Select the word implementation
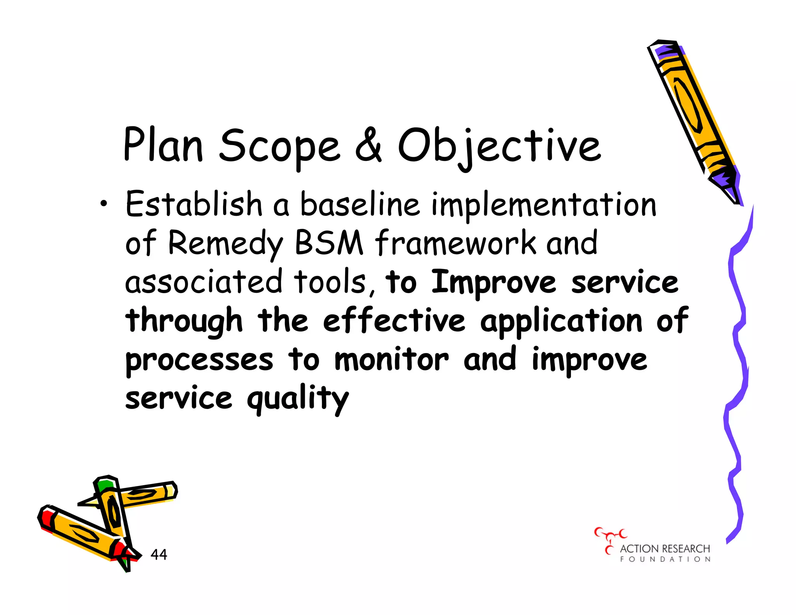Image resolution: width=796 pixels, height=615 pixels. [544, 205]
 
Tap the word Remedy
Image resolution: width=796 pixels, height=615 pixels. [225, 243]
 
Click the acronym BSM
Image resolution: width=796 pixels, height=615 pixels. [329, 243]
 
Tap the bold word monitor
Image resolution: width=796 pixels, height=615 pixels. [391, 359]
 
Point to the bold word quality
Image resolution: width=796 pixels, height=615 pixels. [298, 399]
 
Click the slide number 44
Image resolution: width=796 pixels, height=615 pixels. [159, 554]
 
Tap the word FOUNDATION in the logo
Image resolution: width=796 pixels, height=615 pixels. [665, 559]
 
